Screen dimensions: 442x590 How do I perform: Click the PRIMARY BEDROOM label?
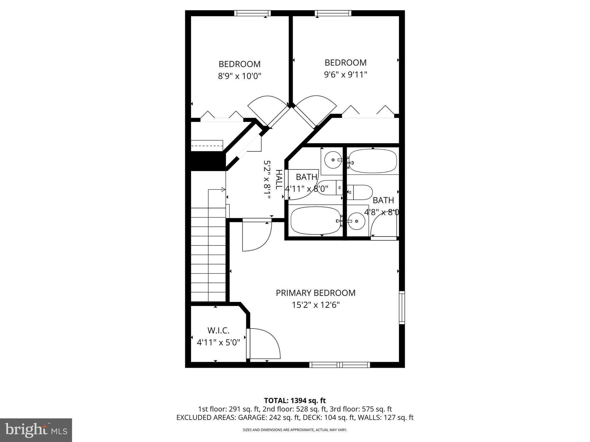click(315, 293)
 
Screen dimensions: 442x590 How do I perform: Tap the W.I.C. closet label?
click(218, 330)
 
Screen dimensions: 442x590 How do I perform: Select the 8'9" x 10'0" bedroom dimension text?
click(239, 76)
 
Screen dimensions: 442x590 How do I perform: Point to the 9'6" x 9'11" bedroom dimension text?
click(345, 75)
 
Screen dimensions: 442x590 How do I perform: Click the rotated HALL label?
click(279, 180)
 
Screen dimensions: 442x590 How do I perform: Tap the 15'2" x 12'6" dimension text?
click(316, 305)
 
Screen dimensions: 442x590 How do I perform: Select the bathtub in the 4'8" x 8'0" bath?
click(373, 161)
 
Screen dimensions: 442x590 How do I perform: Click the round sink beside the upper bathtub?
click(333, 160)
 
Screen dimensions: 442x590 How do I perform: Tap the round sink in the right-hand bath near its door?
click(357, 221)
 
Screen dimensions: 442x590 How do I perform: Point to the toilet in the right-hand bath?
click(360, 192)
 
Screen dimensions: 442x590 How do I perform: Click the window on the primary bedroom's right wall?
click(402, 307)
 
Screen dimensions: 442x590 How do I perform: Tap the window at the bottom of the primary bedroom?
click(340, 365)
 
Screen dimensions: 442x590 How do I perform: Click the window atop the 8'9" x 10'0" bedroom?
click(252, 13)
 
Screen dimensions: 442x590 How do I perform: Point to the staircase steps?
click(208, 255)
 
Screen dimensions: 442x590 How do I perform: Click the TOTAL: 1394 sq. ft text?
click(295, 401)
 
